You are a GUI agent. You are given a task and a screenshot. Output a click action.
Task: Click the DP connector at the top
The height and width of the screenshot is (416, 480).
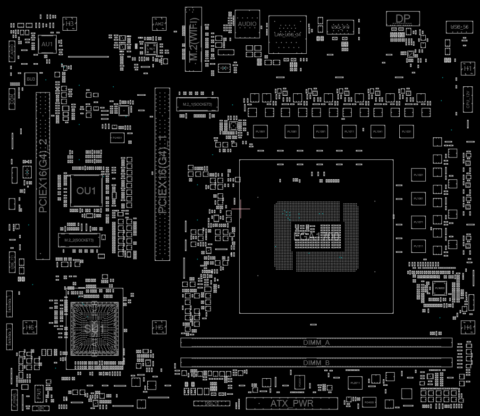(403, 18)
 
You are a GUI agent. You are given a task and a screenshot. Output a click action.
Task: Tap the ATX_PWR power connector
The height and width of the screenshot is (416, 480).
(292, 403)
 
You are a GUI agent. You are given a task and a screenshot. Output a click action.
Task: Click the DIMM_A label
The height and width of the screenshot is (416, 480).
(316, 342)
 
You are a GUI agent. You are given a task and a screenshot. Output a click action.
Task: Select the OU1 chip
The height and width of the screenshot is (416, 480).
(86, 191)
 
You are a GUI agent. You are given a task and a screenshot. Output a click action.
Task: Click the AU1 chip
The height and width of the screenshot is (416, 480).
(47, 44)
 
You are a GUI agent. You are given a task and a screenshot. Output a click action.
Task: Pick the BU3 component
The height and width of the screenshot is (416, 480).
(31, 79)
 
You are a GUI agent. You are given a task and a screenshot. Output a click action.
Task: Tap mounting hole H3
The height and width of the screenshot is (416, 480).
(69, 23)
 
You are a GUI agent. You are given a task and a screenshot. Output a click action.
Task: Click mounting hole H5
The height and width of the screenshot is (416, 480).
(160, 327)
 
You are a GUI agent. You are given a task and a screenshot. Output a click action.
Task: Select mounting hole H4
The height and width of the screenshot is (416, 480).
(468, 327)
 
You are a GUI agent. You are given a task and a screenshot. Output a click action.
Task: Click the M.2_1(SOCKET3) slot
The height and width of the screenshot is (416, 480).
(198, 104)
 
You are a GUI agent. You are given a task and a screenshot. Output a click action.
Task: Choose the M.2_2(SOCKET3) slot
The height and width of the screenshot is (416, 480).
(79, 240)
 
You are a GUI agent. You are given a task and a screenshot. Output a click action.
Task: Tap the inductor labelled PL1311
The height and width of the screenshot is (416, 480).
(418, 246)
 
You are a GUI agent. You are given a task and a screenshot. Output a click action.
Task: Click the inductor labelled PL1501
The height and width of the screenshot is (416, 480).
(260, 132)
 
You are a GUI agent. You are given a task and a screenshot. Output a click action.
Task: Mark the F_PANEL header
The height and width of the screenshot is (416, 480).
(15, 399)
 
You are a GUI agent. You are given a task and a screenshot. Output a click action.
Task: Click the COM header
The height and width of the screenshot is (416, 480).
(12, 99)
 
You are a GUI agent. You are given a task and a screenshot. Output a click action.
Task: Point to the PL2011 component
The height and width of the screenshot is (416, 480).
(355, 383)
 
